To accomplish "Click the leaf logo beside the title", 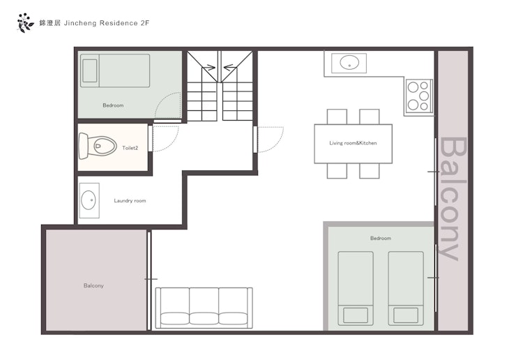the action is pos(25,23).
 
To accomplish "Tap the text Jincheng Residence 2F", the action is pos(107,24).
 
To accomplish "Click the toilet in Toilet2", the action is pos(98,146).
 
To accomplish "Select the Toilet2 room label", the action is pos(130,148).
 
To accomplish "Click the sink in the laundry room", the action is pos(89,200).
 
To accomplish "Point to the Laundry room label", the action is pos(130,201).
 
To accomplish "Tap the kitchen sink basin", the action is pos(349,63).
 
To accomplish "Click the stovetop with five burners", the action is pos(419,96).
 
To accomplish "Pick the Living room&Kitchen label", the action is pos(353,143).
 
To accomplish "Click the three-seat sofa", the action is pos(204,308).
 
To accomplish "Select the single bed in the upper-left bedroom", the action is pos(115,71).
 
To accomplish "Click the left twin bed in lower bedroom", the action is pos(356,288).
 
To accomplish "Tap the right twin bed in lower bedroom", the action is pos(406,288).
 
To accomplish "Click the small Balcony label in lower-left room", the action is pos(93,285).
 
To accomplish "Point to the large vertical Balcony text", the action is pos(453,199).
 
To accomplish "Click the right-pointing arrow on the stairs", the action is pos(208,68).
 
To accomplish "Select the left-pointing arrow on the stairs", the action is pos(230,68).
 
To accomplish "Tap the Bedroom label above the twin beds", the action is pos(381,238).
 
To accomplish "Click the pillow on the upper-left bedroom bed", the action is pos(90,70).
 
